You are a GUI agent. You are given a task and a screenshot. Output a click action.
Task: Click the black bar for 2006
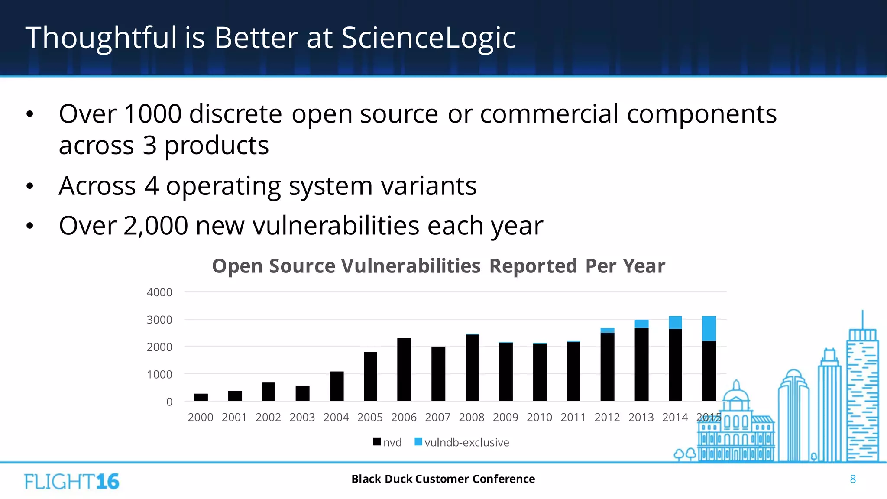pyautogui.click(x=404, y=369)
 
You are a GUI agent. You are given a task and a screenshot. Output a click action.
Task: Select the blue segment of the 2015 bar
pyautogui.click(x=709, y=328)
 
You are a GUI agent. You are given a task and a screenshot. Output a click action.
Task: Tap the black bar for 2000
pyautogui.click(x=201, y=397)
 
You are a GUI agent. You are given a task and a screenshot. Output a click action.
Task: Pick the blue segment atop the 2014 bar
pyautogui.click(x=675, y=322)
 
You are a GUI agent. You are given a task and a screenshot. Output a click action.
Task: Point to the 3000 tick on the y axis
pyautogui.click(x=159, y=320)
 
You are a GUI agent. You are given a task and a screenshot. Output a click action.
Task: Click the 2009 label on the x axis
pyautogui.click(x=505, y=417)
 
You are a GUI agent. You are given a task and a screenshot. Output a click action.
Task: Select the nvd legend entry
pyautogui.click(x=387, y=442)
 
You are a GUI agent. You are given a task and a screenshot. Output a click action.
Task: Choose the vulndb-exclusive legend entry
pyautogui.click(x=462, y=442)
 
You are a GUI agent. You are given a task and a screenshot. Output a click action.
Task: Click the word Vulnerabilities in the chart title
pyautogui.click(x=411, y=266)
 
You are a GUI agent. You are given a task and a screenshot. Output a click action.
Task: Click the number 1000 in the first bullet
pyautogui.click(x=152, y=114)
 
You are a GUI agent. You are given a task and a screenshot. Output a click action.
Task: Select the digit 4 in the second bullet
pyautogui.click(x=151, y=186)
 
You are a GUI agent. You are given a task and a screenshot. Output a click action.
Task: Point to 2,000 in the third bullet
pyautogui.click(x=155, y=226)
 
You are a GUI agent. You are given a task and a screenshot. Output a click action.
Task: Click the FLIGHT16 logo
pyautogui.click(x=71, y=481)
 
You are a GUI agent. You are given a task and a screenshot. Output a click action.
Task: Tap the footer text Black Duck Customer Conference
pyautogui.click(x=443, y=479)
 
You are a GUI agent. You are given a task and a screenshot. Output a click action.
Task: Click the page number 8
pyautogui.click(x=852, y=479)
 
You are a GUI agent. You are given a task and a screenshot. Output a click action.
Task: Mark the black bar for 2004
pyautogui.click(x=336, y=386)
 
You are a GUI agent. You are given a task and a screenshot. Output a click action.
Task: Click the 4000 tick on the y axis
pyautogui.click(x=159, y=292)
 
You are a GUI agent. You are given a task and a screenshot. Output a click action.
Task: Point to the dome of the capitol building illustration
pyautogui.click(x=736, y=394)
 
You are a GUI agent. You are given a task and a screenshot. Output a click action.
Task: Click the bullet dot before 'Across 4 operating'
pyautogui.click(x=29, y=187)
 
